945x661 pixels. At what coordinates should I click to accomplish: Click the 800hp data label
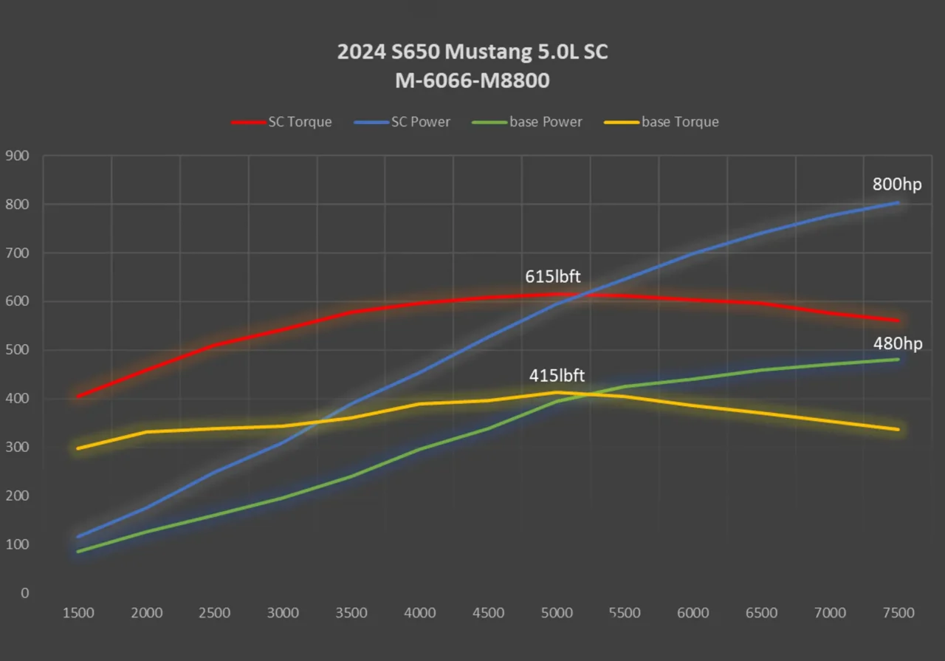(897, 185)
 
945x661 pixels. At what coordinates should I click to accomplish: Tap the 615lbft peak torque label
(553, 276)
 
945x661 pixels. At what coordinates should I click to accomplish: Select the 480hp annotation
(898, 343)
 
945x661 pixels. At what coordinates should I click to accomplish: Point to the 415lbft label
(557, 375)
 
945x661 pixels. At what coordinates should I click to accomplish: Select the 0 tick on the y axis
(24, 593)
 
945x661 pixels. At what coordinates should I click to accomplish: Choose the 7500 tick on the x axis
(898, 613)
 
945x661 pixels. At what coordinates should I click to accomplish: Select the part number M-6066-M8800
(472, 81)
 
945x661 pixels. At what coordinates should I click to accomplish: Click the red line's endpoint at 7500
(898, 321)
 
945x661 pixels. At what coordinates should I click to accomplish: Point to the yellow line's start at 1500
(78, 448)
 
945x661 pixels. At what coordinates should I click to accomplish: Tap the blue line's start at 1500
(78, 537)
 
